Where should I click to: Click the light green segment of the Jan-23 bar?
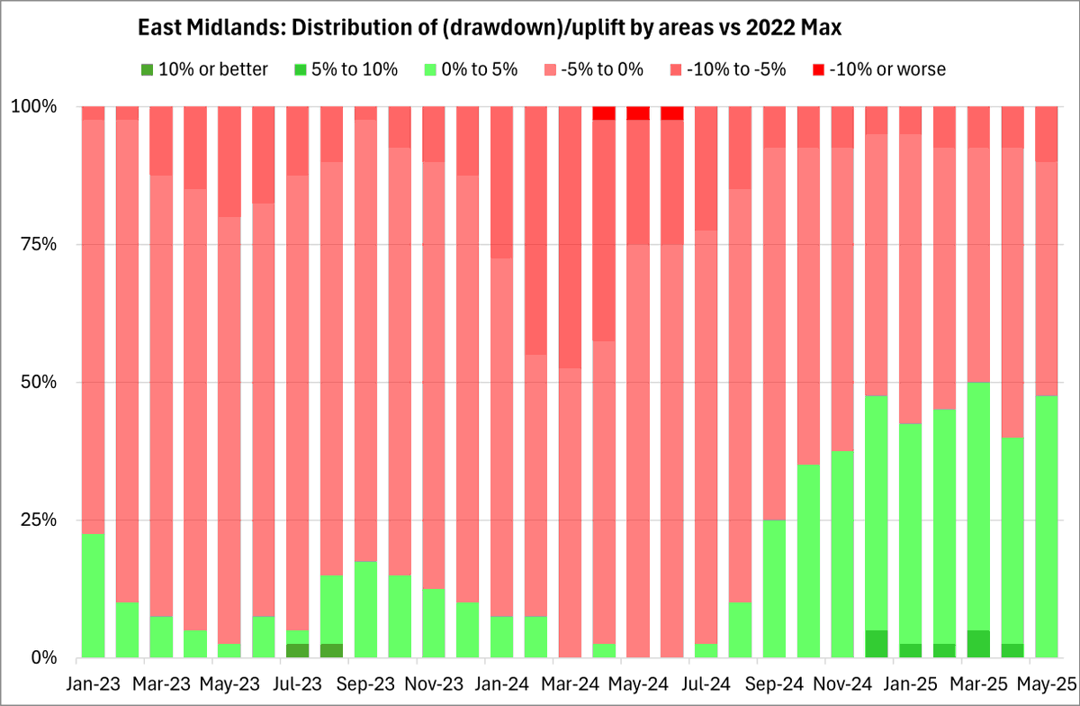(93, 595)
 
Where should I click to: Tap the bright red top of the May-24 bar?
(638, 113)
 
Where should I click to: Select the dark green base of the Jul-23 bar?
(297, 650)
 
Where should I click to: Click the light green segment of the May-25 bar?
(1046, 527)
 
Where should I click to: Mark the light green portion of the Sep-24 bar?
(774, 589)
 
